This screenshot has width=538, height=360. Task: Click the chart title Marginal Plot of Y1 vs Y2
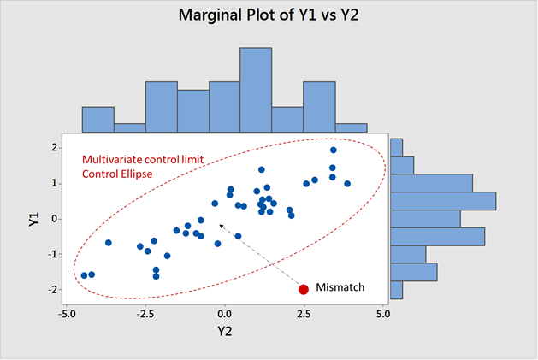pos(269,15)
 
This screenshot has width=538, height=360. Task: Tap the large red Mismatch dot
pos(304,289)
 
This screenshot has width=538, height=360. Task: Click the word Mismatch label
pos(340,287)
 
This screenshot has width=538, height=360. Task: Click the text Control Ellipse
pos(116,174)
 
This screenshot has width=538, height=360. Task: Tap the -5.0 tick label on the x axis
pos(66,314)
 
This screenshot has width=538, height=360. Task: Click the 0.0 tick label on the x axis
pos(225,314)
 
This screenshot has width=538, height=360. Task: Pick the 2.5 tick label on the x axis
pos(304,314)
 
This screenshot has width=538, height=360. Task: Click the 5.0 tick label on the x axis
pos(382,314)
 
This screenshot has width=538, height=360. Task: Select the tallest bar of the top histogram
pos(256,90)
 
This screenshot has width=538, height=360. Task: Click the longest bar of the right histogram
pos(443,201)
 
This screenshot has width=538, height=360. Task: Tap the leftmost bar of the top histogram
pos(98,120)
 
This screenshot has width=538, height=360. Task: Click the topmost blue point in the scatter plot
pos(334,150)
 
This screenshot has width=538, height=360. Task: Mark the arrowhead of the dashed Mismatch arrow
pos(221,225)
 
